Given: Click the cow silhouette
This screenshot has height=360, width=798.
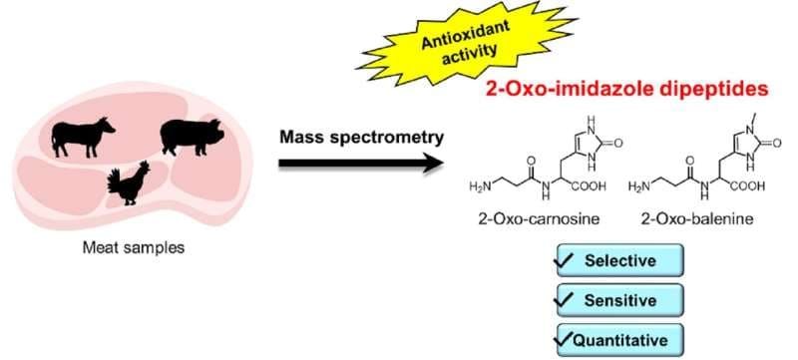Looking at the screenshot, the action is [x=82, y=138].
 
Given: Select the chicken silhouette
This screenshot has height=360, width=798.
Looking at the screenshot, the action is [x=130, y=183].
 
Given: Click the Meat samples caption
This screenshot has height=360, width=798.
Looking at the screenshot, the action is [x=134, y=248].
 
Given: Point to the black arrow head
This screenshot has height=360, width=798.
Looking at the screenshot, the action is [x=434, y=164].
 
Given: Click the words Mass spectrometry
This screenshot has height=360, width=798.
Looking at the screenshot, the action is [x=362, y=138].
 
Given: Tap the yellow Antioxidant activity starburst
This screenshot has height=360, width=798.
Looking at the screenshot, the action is [x=467, y=43].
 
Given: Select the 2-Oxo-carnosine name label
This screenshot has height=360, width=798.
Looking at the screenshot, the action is [x=539, y=219].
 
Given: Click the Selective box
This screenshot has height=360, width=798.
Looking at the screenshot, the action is [x=619, y=260].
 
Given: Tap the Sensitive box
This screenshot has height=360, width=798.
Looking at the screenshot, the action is [x=619, y=300].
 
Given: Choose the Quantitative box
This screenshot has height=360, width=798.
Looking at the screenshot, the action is [x=619, y=340].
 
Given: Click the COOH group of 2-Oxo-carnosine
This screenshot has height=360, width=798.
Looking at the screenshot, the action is [x=589, y=186].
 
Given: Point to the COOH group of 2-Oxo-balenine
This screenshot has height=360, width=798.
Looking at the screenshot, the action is [x=747, y=186].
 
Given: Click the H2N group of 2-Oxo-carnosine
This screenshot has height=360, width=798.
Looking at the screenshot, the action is [x=481, y=187].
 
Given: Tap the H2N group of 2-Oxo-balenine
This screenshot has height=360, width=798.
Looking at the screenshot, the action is [x=639, y=187].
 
